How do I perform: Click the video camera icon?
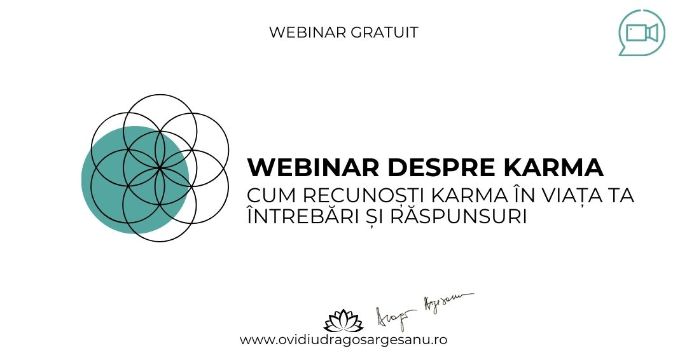pyautogui.click(x=641, y=32)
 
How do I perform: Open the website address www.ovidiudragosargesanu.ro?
pyautogui.click(x=343, y=340)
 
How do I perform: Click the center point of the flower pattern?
pyautogui.click(x=160, y=167)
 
